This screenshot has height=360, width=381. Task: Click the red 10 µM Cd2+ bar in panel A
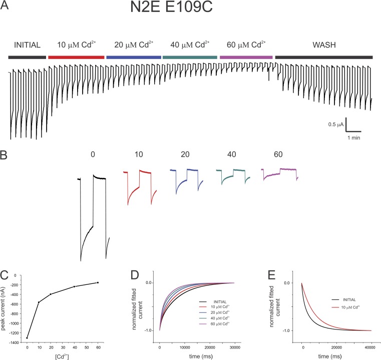pyautogui.click(x=76, y=58)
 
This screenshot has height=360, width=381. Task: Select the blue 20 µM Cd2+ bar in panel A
pyautogui.click(x=133, y=58)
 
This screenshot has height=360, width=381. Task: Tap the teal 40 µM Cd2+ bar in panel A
pyautogui.click(x=189, y=58)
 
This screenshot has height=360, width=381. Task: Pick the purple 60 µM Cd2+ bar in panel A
pyautogui.click(x=246, y=58)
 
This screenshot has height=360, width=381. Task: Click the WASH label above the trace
pyautogui.click(x=323, y=46)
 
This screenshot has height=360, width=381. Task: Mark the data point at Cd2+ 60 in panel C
pyautogui.click(x=98, y=282)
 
